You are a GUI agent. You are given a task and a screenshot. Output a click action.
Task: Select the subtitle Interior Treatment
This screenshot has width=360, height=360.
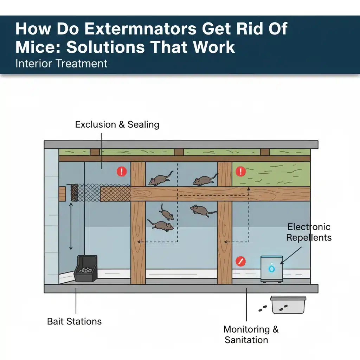click(61, 64)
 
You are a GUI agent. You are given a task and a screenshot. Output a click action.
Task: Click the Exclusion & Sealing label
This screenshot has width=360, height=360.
click(117, 124)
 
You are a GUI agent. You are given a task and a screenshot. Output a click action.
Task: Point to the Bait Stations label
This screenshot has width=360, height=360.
click(74, 321)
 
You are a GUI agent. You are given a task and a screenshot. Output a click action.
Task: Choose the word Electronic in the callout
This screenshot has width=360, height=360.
click(309, 227)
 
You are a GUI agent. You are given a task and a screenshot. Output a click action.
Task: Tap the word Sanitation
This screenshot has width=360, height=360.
click(246, 340)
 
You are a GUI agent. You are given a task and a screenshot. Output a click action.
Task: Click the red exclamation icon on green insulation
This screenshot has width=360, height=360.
click(241, 172)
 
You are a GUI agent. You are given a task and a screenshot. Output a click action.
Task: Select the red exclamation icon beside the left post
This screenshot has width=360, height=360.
click(122, 172)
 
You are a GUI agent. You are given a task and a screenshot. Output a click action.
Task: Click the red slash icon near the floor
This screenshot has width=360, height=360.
click(240, 261)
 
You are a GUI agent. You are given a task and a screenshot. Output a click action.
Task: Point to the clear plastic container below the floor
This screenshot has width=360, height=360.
click(287, 304)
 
